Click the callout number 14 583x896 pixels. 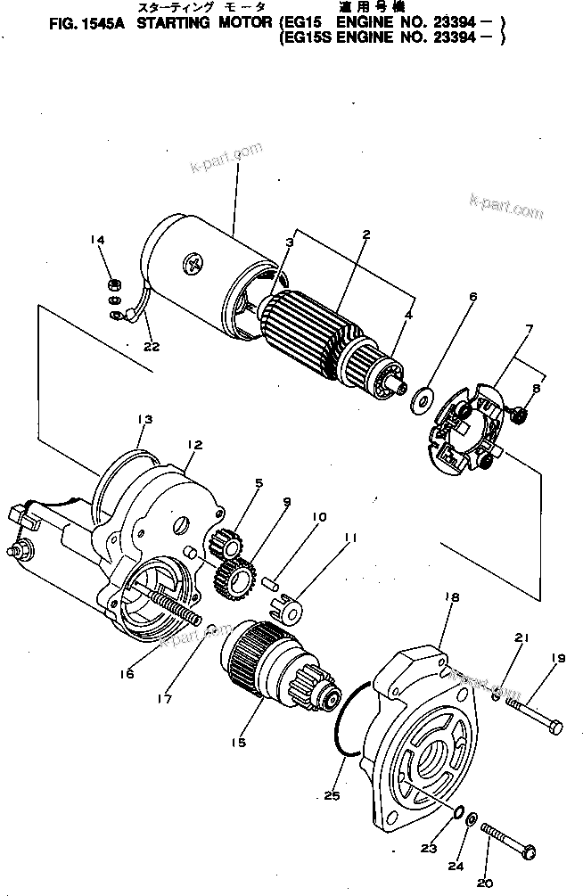click(98, 239)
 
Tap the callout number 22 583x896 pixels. click(152, 347)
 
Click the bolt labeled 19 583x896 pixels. click(534, 711)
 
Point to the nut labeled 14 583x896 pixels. click(114, 285)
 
